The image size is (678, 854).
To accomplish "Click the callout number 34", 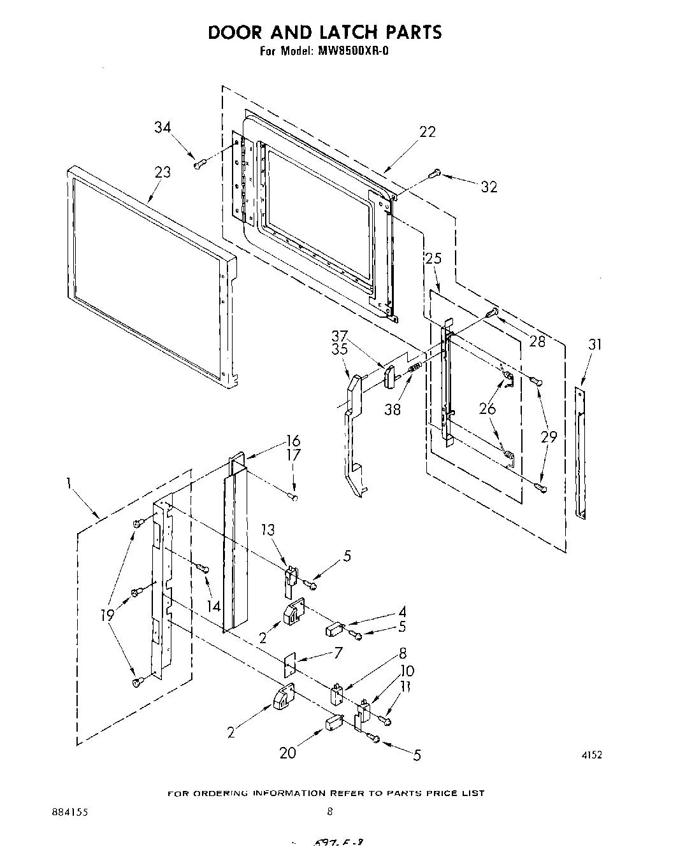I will point(162,127).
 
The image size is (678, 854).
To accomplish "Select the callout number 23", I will point(162,173).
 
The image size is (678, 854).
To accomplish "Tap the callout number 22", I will point(428,132).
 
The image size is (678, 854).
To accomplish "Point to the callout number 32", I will point(489,187).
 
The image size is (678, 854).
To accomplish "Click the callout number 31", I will point(595,345).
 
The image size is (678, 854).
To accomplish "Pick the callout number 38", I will point(393,409).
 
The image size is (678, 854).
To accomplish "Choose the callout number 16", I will point(293,441).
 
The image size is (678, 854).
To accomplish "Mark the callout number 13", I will point(268,530).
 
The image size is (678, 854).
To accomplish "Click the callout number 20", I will point(288,753).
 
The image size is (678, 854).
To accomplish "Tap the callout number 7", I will point(338,652).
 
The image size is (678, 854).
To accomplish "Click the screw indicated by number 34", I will point(198,164).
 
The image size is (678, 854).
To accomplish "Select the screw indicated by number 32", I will point(436,172).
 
